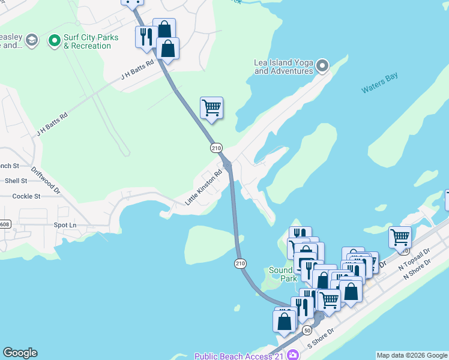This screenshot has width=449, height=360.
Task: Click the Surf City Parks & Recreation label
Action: tap(91, 41)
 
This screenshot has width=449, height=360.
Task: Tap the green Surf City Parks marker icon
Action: tap(55, 41)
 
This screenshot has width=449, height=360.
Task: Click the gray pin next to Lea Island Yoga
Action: tap(322, 65)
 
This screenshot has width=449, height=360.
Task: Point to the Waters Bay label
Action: tap(379, 83)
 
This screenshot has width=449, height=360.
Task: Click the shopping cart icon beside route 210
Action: tap(211, 108)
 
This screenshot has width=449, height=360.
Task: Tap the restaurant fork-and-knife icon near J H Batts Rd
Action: tap(146, 37)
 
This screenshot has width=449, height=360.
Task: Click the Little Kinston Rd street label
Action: tap(203, 187)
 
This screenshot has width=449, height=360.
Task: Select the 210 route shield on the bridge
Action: tap(240, 263)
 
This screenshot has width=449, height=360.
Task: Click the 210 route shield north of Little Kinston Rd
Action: tap(215, 147)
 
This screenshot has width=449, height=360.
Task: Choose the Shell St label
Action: tap(16, 181)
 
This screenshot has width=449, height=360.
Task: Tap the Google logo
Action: tap(20, 353)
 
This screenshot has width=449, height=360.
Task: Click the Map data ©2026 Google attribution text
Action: tap(411, 355)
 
